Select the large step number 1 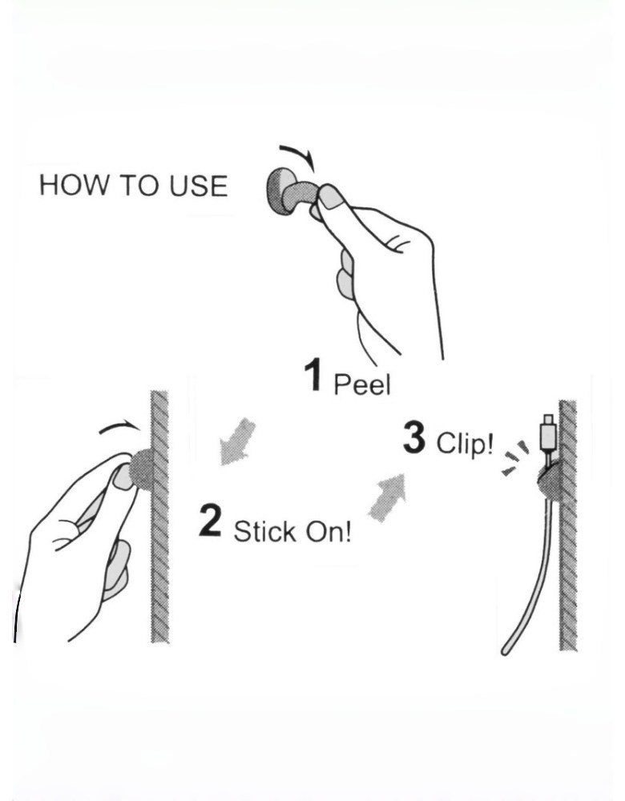pyautogui.click(x=313, y=376)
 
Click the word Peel pyautogui.click(x=362, y=384)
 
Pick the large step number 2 pyautogui.click(x=210, y=520)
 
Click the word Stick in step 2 pyautogui.click(x=264, y=531)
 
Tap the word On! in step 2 pyautogui.click(x=329, y=532)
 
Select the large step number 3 pyautogui.click(x=414, y=437)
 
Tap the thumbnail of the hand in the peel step pyautogui.click(x=331, y=196)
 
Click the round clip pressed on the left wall pyautogui.click(x=143, y=469)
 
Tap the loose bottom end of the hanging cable pyautogui.click(x=504, y=650)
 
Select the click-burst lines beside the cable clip pyautogui.click(x=515, y=457)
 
